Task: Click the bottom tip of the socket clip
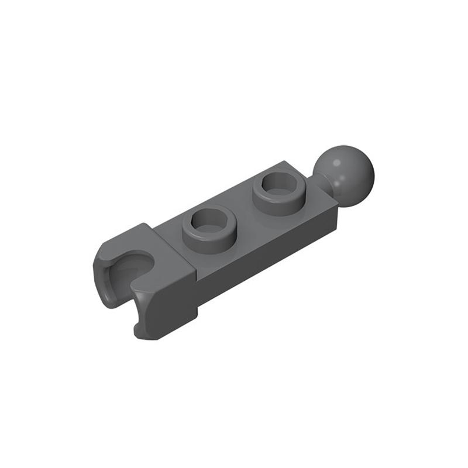tap(143, 335)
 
